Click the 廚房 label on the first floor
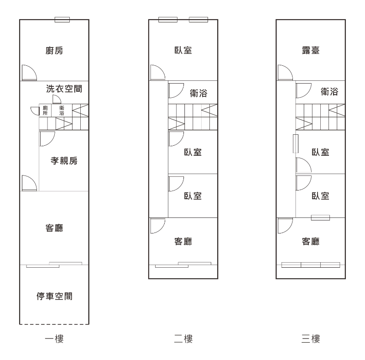tap(54, 50)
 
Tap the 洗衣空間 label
tap(64, 89)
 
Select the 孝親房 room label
tap(64, 161)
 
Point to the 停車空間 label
tap(54, 296)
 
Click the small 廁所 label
tap(45, 111)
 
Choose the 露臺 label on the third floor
tap(311, 50)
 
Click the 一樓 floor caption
tap(54, 339)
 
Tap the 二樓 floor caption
tap(183, 339)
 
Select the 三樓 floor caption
tap(311, 339)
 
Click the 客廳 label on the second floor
tap(183, 241)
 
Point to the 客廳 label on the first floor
tap(54, 228)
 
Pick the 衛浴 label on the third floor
tap(329, 91)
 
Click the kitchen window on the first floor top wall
tap(62, 20)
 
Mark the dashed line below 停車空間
tap(54, 324)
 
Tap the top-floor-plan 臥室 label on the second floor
tap(183, 50)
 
